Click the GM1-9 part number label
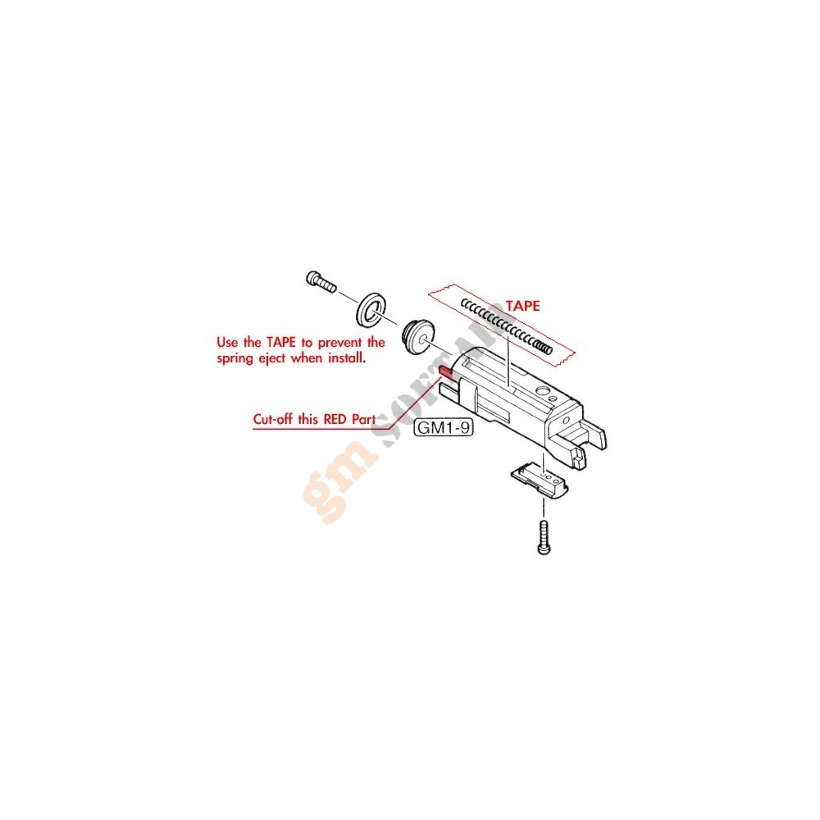[x=444, y=428]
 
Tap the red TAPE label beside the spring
[x=522, y=306]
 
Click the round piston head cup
[x=418, y=337]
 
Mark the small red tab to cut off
[x=446, y=371]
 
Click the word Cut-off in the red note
[x=274, y=419]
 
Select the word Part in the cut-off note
[x=363, y=419]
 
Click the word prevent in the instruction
[x=340, y=343]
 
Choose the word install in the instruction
[x=347, y=358]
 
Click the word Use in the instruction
[x=227, y=343]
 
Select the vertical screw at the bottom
[x=544, y=536]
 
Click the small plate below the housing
[x=540, y=479]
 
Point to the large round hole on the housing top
[x=542, y=392]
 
